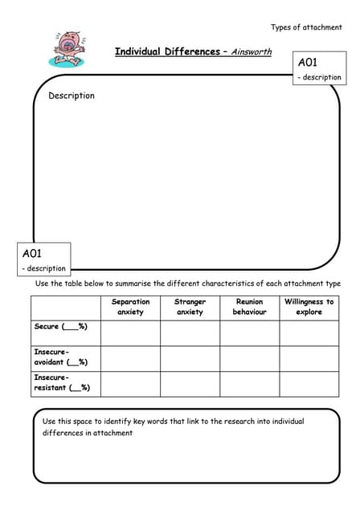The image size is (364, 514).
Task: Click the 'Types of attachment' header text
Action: (306, 27)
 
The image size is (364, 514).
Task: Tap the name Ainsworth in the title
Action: (252, 52)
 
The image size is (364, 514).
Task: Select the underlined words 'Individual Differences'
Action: (166, 51)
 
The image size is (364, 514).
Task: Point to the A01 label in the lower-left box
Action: (31, 253)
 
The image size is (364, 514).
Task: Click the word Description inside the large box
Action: (72, 96)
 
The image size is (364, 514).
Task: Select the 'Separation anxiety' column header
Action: (130, 307)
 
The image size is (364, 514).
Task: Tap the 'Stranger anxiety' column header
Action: (190, 307)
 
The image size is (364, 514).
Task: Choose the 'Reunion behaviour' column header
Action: (249, 307)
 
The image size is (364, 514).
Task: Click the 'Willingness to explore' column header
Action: (309, 307)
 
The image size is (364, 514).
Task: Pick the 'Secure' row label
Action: (61, 327)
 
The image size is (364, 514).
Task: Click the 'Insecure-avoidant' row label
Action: (61, 357)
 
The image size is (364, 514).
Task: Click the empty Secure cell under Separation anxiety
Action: (130, 332)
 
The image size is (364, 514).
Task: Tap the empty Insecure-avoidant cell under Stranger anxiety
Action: (190, 358)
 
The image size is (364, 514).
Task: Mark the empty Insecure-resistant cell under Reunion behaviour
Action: (249, 384)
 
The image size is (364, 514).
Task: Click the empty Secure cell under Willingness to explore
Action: (309, 332)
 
